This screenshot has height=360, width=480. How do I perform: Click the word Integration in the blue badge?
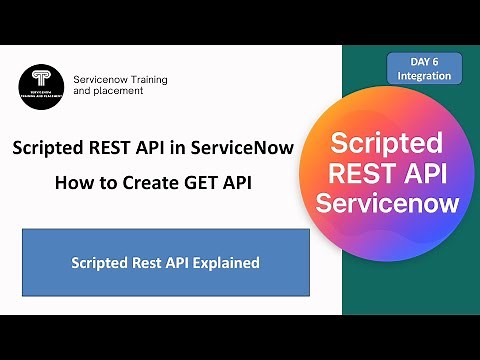click(x=423, y=75)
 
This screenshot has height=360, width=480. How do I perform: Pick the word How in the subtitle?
click(x=71, y=185)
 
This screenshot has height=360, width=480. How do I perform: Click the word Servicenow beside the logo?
click(x=103, y=78)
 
